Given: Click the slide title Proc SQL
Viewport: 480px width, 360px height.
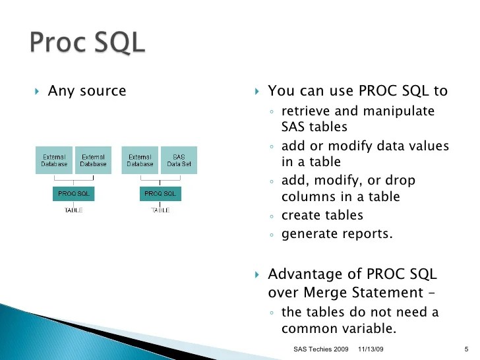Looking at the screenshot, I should [x=86, y=44].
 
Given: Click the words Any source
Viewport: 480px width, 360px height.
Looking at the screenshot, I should [x=86, y=91].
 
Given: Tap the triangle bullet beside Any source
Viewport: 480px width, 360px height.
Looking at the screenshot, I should [x=37, y=91].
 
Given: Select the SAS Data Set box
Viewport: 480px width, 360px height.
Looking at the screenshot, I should [x=178, y=160].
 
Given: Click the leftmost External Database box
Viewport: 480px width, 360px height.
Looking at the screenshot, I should [x=54, y=160].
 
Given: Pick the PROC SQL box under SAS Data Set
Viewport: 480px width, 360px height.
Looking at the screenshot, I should [x=160, y=194].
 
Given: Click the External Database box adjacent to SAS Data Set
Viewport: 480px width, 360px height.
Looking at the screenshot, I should [x=140, y=160].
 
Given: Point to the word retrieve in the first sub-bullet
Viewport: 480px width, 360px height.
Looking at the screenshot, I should [x=305, y=111].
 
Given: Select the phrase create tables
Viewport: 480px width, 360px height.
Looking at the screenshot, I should [x=322, y=216].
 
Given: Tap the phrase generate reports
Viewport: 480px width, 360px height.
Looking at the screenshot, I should [x=336, y=233].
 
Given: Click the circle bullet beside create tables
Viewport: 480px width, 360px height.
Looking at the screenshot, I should [x=272, y=216].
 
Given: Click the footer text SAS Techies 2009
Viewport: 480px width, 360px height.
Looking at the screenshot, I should [x=320, y=347].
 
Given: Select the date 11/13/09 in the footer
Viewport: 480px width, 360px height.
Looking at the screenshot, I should [x=371, y=347].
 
